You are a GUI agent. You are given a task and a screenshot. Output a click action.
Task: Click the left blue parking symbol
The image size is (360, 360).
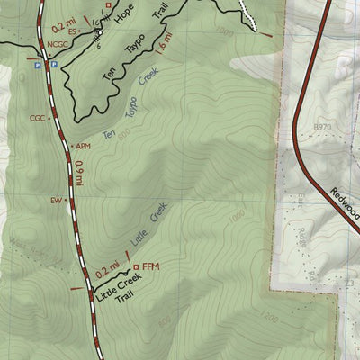coord(36,66)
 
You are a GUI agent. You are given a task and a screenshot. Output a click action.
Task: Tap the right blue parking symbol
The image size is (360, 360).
coord(52,66)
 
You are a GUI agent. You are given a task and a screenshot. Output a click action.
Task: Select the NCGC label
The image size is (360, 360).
coord(58,42)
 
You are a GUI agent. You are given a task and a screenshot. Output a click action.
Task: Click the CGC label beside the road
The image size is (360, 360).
coord(37,118)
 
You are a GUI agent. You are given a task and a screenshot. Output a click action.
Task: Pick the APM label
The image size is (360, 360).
coord(83,146)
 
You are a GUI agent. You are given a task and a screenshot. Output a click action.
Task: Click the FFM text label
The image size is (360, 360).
coord(150,267)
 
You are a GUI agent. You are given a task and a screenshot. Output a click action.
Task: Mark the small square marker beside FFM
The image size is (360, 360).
coord(135,267)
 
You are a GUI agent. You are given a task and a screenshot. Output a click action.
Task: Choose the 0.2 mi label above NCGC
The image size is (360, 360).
coord(62,15)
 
